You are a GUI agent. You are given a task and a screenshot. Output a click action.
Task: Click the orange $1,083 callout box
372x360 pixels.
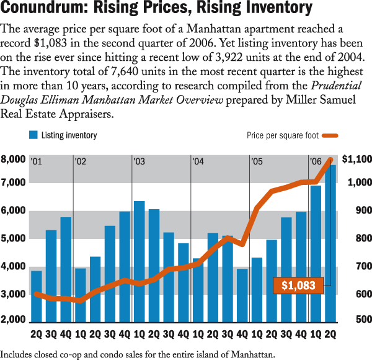point(298,286)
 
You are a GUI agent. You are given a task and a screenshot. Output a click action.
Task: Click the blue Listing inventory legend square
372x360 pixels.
point(33,135)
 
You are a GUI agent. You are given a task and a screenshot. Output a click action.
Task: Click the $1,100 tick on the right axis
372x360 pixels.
point(356,160)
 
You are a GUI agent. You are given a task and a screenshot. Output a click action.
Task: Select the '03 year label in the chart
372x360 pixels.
point(139,162)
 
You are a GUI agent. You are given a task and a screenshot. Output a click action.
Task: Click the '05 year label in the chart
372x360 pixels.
point(256,162)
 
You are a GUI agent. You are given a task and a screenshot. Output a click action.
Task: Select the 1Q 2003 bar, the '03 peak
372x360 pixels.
point(139,261)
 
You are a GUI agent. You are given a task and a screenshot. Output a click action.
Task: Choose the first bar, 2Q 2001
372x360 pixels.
point(37,296)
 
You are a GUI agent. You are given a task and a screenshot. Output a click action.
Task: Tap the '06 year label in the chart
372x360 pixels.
point(315,162)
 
